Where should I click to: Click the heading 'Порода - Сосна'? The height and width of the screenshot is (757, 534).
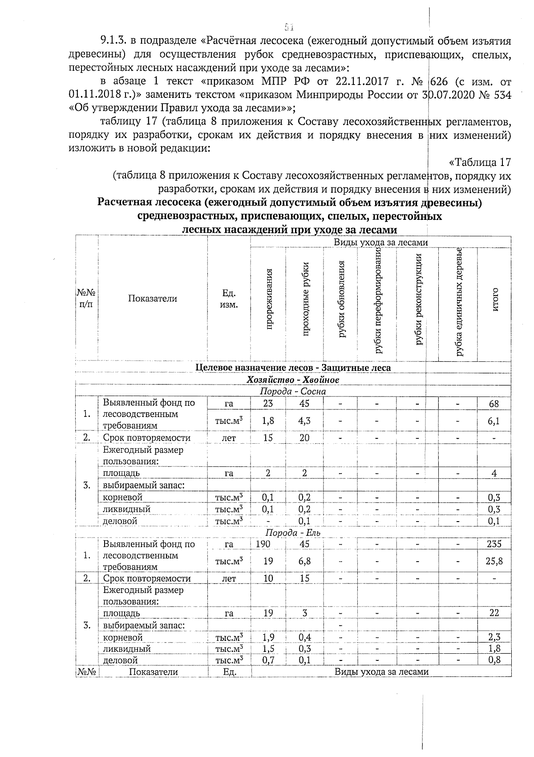[293, 392]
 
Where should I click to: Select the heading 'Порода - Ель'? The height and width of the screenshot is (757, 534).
[293, 532]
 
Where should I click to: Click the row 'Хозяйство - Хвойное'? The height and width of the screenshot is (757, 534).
[293, 380]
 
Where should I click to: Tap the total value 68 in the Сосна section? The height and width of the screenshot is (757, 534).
[494, 404]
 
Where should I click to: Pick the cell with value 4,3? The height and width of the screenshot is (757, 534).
[304, 420]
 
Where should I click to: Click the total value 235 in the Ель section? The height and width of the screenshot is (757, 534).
[494, 543]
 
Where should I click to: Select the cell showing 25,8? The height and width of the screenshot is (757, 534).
[494, 561]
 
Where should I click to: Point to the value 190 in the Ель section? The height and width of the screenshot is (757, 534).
[263, 543]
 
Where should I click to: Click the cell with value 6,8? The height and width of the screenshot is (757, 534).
[304, 561]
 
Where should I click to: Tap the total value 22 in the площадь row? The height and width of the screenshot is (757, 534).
[494, 613]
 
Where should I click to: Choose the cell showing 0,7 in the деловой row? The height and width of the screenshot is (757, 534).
[268, 660]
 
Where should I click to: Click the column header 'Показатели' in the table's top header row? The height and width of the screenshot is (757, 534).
[153, 299]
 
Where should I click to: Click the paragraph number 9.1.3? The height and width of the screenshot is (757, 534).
[114, 41]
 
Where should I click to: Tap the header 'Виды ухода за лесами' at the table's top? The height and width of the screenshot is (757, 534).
[381, 243]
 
